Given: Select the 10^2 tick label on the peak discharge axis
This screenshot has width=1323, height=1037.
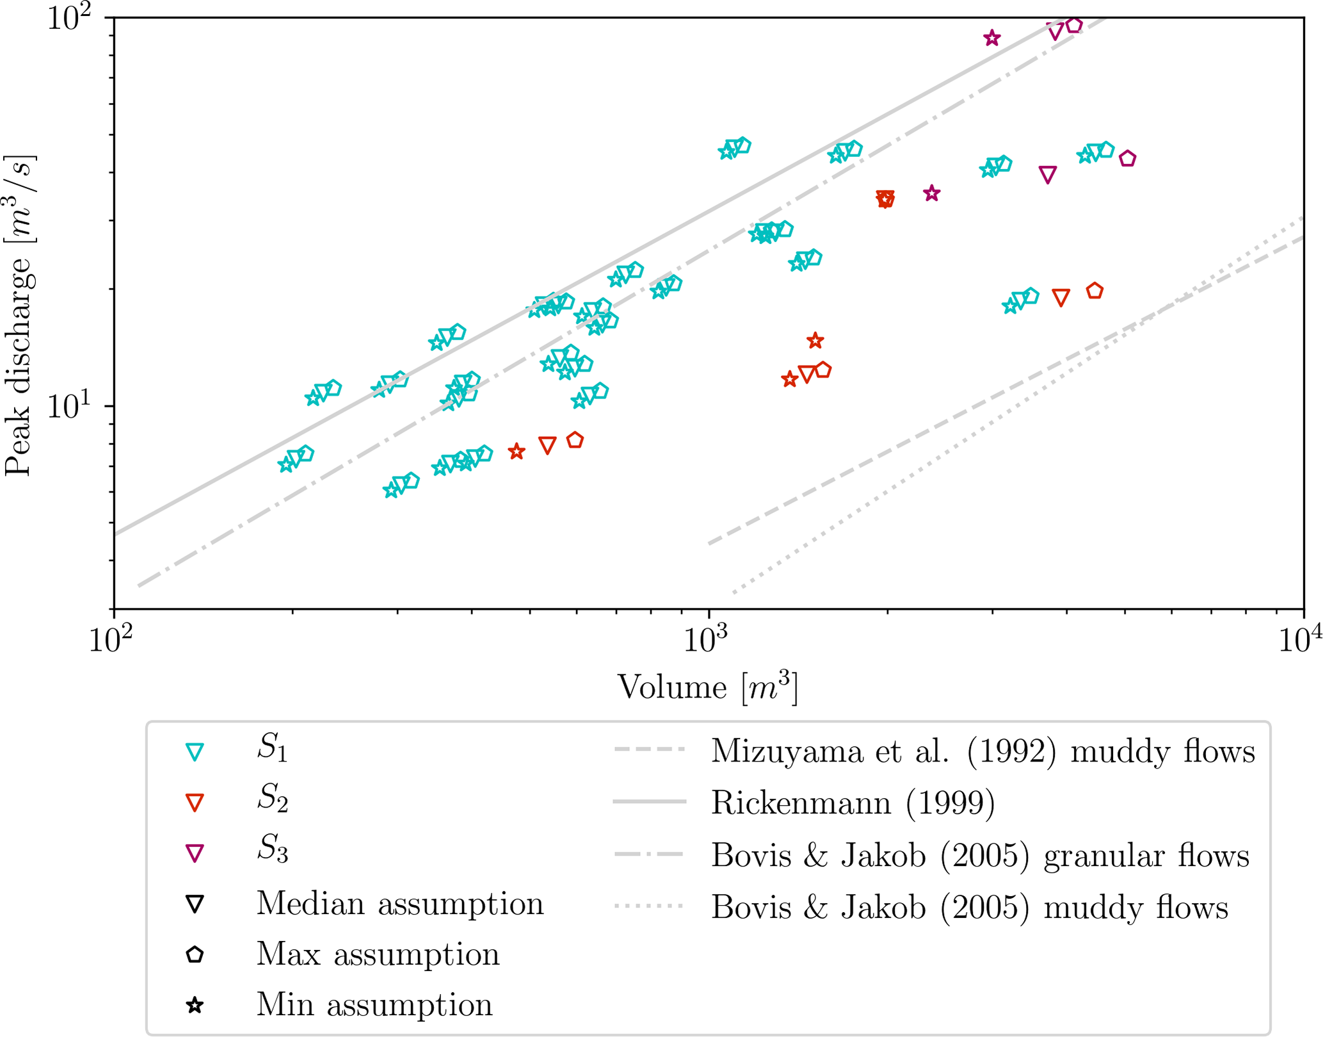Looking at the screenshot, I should pyautogui.click(x=71, y=17).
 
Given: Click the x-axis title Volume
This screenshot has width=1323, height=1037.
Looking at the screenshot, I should pyautogui.click(x=671, y=688).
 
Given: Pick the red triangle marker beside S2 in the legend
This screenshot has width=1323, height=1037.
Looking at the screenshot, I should pyautogui.click(x=195, y=803).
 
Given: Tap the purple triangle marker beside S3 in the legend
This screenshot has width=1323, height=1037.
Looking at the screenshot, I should pyautogui.click(x=195, y=853).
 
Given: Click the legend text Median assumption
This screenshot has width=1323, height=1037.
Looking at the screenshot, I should pyautogui.click(x=400, y=904).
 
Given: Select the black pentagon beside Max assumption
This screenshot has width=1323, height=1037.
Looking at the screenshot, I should pyautogui.click(x=195, y=954).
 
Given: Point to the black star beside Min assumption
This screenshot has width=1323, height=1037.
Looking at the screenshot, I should pyautogui.click(x=195, y=1005).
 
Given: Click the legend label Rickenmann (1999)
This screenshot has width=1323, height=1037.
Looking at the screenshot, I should pyautogui.click(x=853, y=803).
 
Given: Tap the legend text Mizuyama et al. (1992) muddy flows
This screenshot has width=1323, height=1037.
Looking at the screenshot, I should pyautogui.click(x=982, y=751).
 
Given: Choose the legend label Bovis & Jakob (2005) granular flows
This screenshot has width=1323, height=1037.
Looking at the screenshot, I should pyautogui.click(x=980, y=855).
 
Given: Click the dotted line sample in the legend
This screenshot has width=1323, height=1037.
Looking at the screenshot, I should pyautogui.click(x=648, y=906).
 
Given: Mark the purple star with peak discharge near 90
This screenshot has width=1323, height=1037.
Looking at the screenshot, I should pyautogui.click(x=991, y=38).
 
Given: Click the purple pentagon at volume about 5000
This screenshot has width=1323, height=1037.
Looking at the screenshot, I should pyautogui.click(x=1127, y=158).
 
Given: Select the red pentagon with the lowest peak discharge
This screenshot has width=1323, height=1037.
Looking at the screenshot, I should pyautogui.click(x=575, y=440).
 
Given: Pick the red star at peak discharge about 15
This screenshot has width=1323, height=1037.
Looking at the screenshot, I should pyautogui.click(x=814, y=340).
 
